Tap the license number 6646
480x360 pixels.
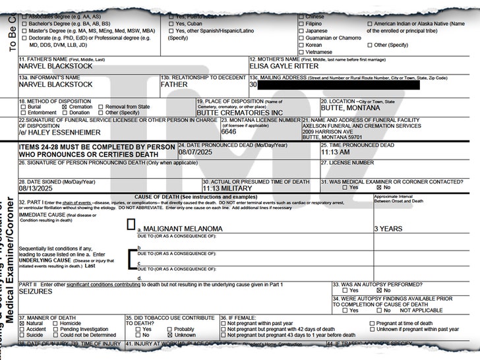(229, 132)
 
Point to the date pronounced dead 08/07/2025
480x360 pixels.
(195, 152)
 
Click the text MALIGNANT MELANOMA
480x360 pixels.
(180, 228)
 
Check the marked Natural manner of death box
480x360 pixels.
(22, 324)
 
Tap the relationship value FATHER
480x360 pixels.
(174, 84)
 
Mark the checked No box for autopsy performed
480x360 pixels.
(388, 291)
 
